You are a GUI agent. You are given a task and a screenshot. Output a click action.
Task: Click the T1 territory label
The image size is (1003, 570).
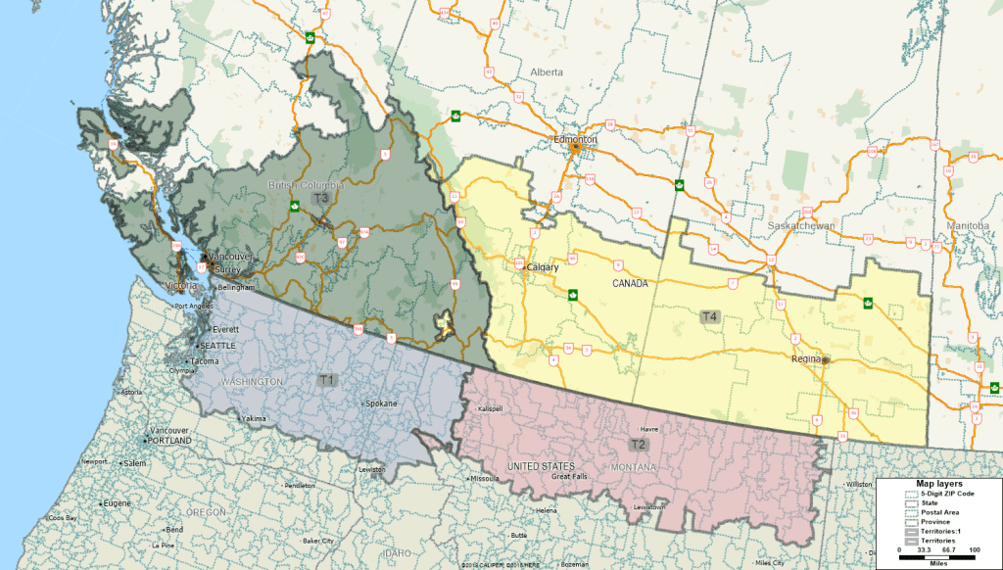(x=327, y=379)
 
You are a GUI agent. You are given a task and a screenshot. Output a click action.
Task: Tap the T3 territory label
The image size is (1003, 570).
(x=320, y=198)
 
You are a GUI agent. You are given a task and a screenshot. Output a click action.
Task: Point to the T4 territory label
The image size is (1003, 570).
(x=709, y=316)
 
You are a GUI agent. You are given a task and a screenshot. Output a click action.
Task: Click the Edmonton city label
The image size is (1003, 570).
(x=575, y=140)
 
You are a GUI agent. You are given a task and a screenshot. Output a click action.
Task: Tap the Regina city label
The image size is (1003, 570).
(x=807, y=359)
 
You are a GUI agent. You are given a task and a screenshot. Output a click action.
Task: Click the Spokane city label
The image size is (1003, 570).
(x=380, y=404)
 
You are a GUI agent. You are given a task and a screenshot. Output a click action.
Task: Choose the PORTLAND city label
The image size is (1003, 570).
(x=169, y=441)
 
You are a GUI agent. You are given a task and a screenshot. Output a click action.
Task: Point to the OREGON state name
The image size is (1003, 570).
(x=206, y=512)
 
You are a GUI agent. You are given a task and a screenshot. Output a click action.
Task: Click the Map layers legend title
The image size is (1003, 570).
(x=938, y=484)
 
